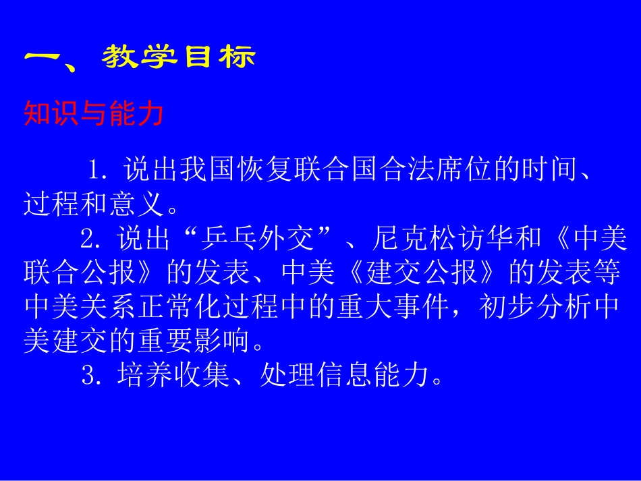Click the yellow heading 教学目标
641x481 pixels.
(x=179, y=58)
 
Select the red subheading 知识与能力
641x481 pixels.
(x=93, y=114)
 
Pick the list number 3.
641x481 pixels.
(x=90, y=376)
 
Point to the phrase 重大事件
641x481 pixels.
(x=395, y=308)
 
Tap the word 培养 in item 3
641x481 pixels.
(x=136, y=376)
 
